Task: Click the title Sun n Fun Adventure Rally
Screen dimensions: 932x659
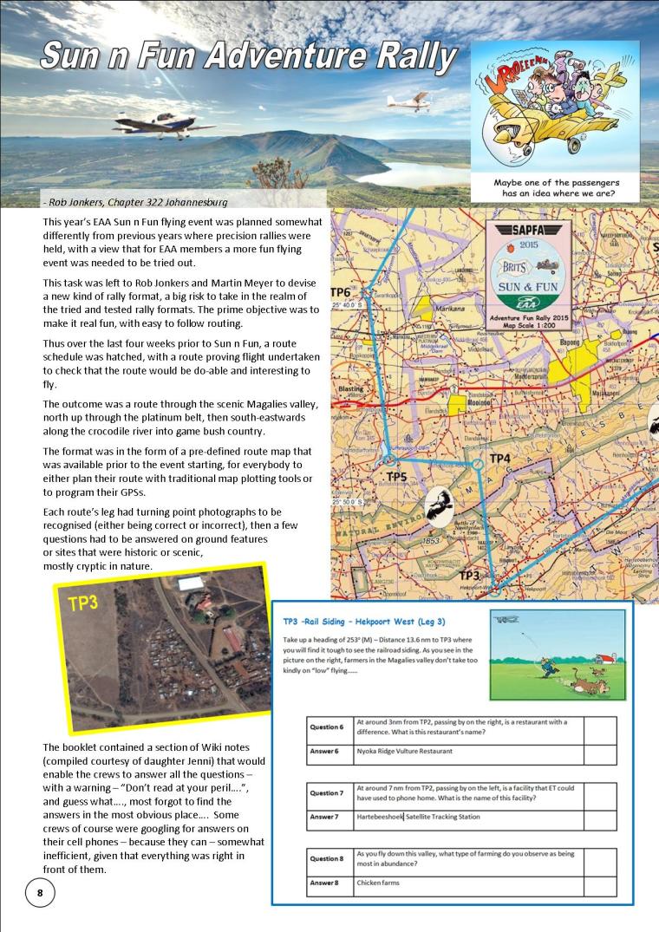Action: click(248, 56)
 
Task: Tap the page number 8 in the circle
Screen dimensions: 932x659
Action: click(40, 892)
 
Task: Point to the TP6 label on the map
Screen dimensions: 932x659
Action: click(341, 292)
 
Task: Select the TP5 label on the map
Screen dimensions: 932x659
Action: click(396, 477)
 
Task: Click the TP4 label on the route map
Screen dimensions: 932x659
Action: click(500, 458)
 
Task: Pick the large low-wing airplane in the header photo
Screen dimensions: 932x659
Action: click(162, 122)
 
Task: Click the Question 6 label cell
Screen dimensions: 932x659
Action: click(329, 727)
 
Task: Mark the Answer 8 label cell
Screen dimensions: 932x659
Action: click(329, 883)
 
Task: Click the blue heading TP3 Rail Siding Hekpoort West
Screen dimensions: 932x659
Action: click(365, 621)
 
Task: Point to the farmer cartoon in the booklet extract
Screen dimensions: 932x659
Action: click(557, 655)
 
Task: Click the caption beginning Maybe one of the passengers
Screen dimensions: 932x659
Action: click(555, 188)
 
